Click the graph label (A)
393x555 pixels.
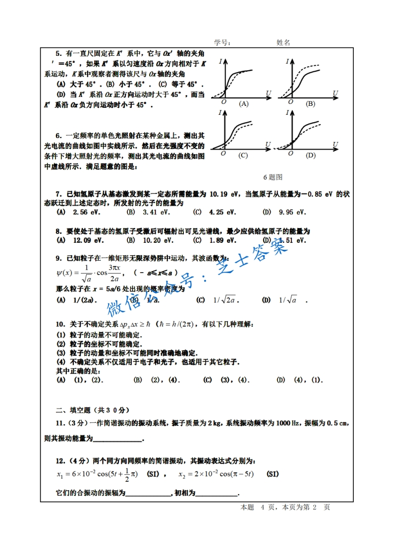(243, 104)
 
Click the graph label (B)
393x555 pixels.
(310, 104)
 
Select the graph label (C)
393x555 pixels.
(243, 155)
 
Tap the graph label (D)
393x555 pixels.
(310, 155)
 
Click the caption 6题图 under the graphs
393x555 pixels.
(273, 177)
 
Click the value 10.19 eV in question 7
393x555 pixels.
(225, 194)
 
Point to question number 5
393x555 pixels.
(58, 53)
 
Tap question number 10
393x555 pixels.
(60, 324)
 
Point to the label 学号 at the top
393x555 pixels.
(222, 43)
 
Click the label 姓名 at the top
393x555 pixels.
(283, 43)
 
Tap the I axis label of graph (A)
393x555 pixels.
(219, 61)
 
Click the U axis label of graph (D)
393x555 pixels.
(336, 144)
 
